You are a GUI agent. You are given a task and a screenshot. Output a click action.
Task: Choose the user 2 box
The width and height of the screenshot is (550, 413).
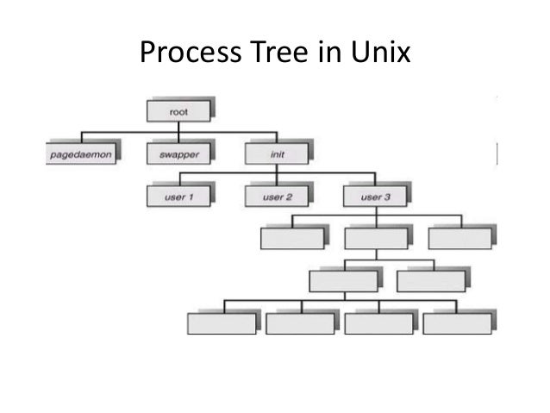(276, 197)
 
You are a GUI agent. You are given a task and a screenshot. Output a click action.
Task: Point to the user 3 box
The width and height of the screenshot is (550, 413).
(374, 197)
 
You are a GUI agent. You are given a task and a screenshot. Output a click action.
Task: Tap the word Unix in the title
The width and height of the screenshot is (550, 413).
(380, 55)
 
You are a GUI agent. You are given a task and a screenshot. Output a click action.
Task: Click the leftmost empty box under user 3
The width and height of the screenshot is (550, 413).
(291, 237)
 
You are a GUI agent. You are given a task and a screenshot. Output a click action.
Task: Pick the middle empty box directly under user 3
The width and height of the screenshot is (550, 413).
(374, 237)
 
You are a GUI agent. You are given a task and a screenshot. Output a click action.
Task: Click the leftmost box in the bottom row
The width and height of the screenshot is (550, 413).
(221, 322)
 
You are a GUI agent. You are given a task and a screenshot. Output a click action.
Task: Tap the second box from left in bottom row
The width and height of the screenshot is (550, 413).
(299, 322)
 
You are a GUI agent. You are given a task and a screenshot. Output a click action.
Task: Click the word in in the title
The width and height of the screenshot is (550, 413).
(333, 55)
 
